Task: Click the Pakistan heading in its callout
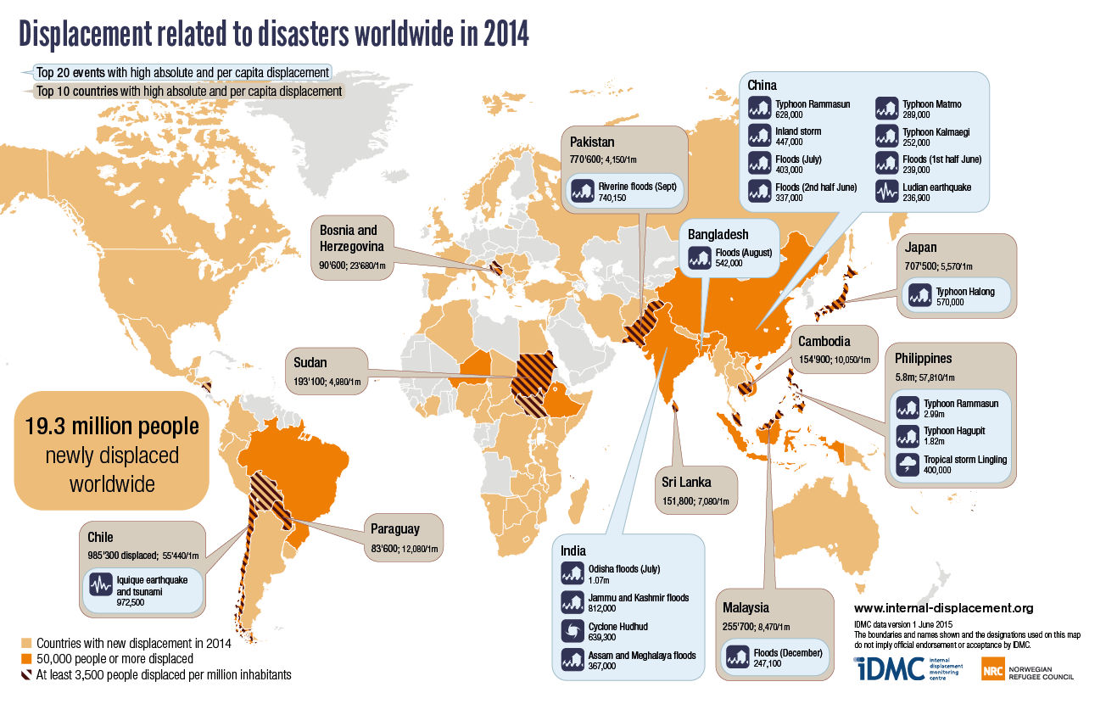click(593, 142)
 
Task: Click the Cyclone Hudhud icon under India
click(571, 630)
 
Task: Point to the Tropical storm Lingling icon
click(908, 464)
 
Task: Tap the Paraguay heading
click(394, 528)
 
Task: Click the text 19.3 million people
click(112, 425)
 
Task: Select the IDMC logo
click(890, 668)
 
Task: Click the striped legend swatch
click(26, 675)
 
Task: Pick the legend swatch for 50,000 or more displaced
click(26, 659)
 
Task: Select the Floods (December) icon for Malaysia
click(736, 656)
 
